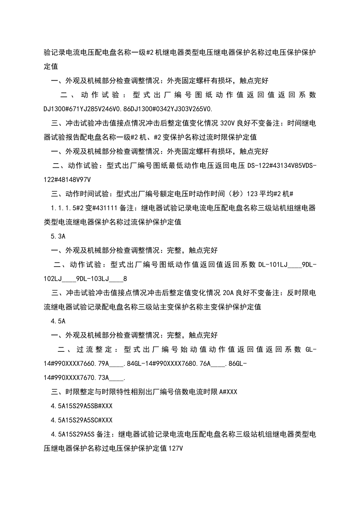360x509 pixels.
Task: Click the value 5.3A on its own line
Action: click(58, 236)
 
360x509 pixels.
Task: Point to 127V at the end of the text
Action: click(176, 448)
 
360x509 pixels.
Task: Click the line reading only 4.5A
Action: click(58, 321)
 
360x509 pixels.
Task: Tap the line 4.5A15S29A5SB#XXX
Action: click(81, 406)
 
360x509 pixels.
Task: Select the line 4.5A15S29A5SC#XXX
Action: click(81, 420)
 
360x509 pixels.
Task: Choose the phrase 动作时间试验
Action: click(87, 194)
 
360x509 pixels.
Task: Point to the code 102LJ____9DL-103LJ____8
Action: click(85, 279)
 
